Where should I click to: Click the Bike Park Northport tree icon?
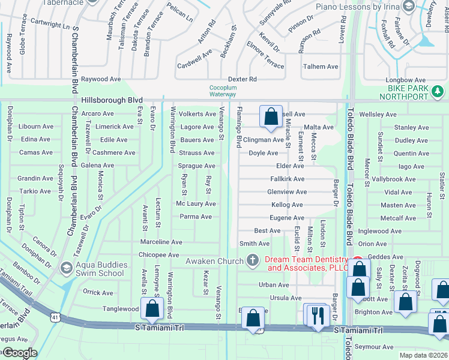point(439,91)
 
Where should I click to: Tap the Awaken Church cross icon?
point(253,260)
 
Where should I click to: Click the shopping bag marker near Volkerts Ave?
point(271,116)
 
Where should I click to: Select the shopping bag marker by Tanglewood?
point(152,308)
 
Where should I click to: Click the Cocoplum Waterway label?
point(223,91)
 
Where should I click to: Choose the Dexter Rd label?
point(242,79)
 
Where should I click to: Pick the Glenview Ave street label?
point(287,192)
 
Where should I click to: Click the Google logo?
point(19,353)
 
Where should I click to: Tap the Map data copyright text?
point(423,356)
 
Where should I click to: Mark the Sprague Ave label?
point(196,166)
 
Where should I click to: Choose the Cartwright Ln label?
point(50,25)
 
